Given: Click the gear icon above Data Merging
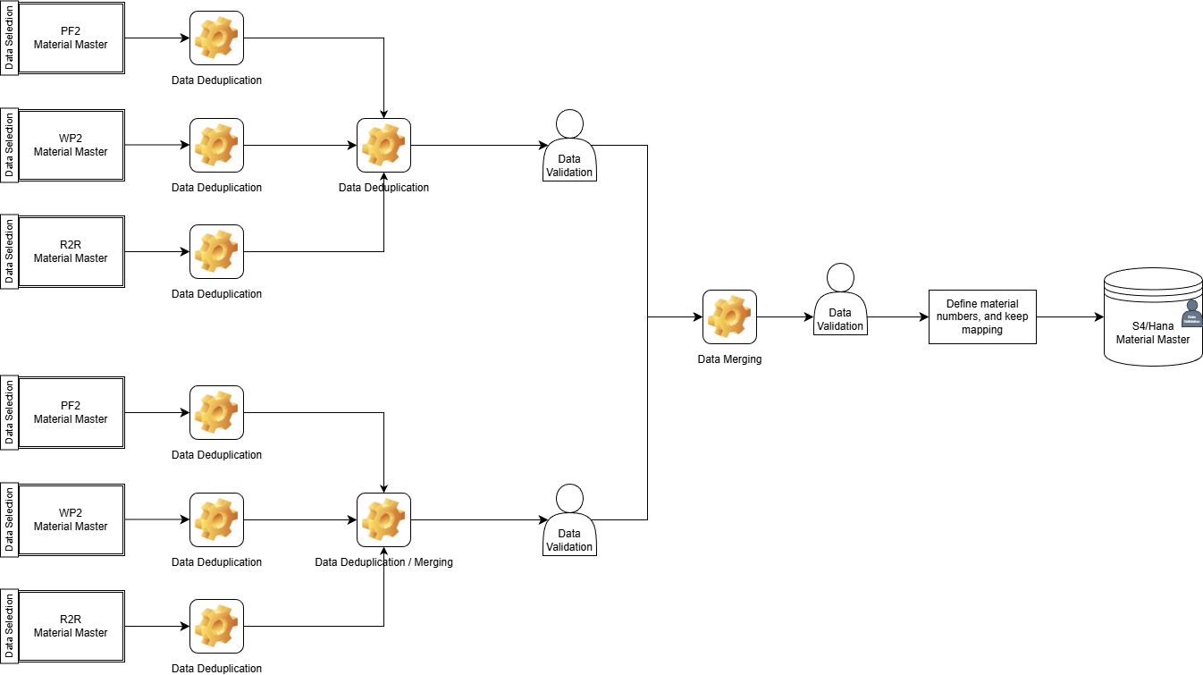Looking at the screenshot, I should coord(729,316).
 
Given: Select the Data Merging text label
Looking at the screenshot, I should coord(729,359).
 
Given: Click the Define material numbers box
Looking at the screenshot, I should coord(982,316).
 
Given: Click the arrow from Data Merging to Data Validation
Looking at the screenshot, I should coord(785,316).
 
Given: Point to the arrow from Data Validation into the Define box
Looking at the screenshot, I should coord(897,316).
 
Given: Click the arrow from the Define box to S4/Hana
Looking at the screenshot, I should coord(1069,316).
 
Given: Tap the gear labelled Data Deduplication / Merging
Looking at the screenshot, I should coord(383,519).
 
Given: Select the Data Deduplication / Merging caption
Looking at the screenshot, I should coord(383,562).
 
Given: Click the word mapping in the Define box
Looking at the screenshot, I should coord(982,330).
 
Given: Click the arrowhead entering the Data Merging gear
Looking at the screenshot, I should coord(697,316).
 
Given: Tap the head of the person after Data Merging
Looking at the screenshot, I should coord(840,277).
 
